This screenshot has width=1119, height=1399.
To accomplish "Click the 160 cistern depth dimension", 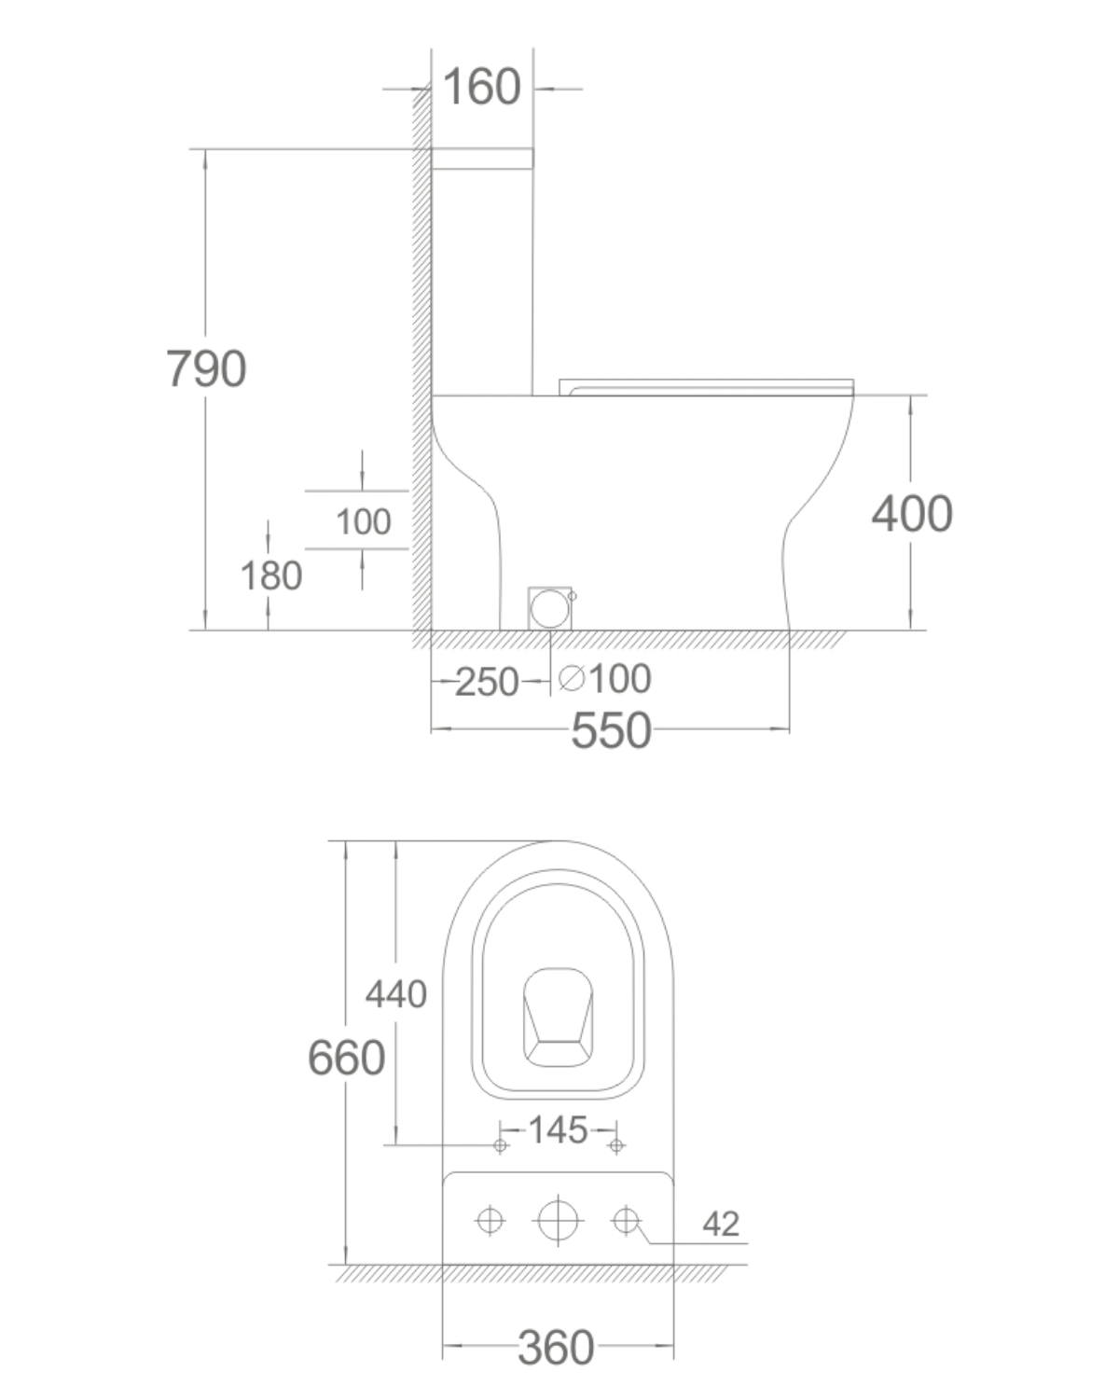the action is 481,87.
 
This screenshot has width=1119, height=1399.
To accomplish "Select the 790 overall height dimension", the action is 206,368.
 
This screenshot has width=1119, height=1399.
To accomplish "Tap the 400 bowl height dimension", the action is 912,514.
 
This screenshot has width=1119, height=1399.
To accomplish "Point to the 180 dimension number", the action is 271,576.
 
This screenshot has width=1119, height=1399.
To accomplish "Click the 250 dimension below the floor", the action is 487,682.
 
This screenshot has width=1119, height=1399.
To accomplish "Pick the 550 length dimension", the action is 611,730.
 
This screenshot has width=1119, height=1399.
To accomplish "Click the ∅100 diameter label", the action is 604,679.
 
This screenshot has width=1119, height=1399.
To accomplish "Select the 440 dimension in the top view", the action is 396,994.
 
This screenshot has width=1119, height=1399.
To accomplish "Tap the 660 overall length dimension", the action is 346,1058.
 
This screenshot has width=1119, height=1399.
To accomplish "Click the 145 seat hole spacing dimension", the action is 558,1129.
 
